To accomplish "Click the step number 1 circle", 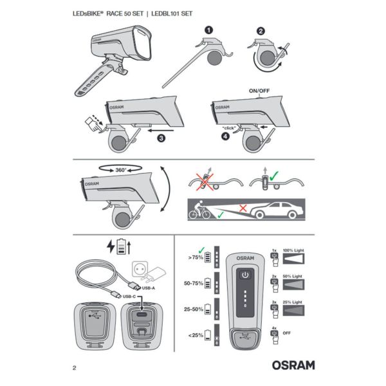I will (208, 30).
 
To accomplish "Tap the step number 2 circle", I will (260, 30).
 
